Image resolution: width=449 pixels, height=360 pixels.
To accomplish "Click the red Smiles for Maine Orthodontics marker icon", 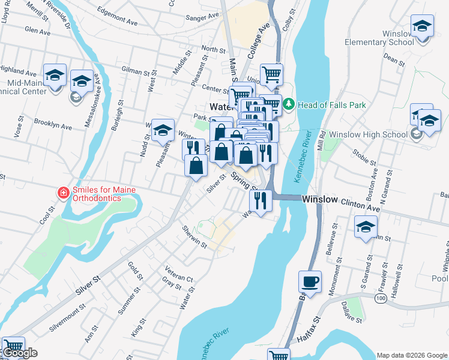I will click(x=62, y=193).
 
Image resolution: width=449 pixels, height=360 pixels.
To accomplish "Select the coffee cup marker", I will click(x=310, y=281).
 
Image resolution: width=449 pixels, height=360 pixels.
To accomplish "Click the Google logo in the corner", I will click(x=19, y=353).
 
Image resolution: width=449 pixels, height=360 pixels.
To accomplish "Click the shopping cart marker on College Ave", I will click(x=271, y=74).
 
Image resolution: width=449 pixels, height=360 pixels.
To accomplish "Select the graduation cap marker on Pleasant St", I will click(x=163, y=130).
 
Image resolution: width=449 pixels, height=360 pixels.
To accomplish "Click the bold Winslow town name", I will click(x=320, y=199).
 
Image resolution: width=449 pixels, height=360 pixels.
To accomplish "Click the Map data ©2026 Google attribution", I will click(x=412, y=355).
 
